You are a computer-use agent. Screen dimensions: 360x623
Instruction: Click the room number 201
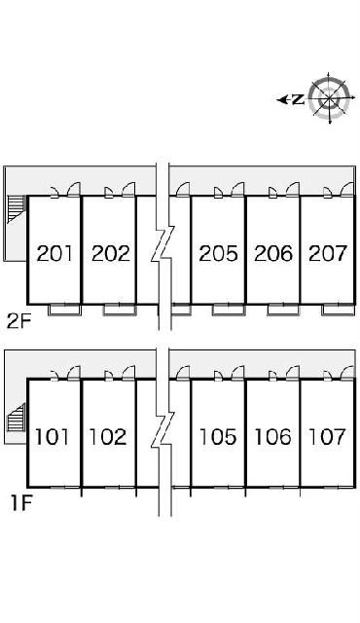[54, 254]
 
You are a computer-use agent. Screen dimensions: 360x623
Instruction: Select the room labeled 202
[110, 254]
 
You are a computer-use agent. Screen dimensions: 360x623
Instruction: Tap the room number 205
[218, 254]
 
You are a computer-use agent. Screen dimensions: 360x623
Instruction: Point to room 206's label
[272, 254]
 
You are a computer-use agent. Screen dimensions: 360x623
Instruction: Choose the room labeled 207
[327, 254]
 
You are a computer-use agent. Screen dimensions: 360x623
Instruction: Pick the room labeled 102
[108, 437]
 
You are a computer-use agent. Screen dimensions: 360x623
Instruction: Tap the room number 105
[218, 437]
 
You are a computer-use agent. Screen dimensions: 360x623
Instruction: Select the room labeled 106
[272, 437]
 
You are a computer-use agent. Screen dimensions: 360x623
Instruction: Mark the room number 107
[327, 437]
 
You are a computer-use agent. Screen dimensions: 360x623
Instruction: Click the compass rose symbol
[329, 97]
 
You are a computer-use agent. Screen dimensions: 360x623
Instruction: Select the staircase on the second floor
[15, 208]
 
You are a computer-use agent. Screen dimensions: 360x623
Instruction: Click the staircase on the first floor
[15, 420]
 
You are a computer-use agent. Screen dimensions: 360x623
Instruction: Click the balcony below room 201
[63, 309]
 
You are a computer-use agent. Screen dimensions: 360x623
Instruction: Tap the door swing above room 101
[71, 373]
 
